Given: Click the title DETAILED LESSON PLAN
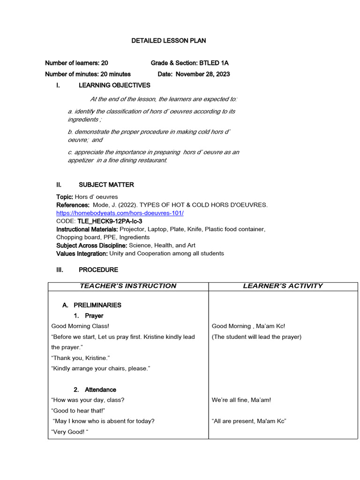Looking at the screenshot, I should click(168, 41).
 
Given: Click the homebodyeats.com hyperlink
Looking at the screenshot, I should click(120, 213).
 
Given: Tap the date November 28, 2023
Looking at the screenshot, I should click(202, 74).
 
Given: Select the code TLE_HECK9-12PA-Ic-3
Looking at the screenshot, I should click(110, 221).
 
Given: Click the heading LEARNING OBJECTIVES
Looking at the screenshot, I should click(114, 85).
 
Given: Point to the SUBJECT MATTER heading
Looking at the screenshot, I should click(106, 185).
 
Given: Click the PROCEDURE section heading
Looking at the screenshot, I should click(98, 270).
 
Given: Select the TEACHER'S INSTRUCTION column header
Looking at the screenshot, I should click(128, 285).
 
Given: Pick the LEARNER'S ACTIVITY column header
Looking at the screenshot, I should click(283, 285).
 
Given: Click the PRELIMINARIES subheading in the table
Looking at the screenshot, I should click(97, 305).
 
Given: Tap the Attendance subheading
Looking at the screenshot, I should click(100, 390).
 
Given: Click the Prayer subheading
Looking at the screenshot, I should click(94, 315).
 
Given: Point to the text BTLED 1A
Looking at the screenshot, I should click(214, 63).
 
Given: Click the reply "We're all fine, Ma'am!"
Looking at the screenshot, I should click(241, 400).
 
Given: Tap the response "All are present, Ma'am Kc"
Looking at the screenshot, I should click(249, 421).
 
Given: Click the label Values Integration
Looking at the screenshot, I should click(82, 253).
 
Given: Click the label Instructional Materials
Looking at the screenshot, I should click(87, 229).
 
